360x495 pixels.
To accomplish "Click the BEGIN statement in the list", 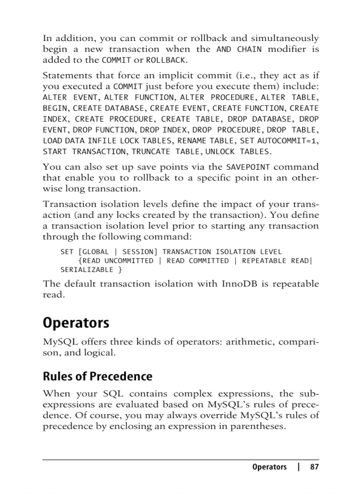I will [x=55, y=108].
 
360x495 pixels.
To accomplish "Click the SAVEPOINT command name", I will [x=247, y=167].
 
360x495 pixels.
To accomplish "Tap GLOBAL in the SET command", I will [x=95, y=252].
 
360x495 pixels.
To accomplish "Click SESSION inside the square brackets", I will [x=137, y=252].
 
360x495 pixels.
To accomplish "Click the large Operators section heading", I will [x=76, y=323].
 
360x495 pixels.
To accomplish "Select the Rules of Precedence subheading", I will [x=97, y=376].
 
